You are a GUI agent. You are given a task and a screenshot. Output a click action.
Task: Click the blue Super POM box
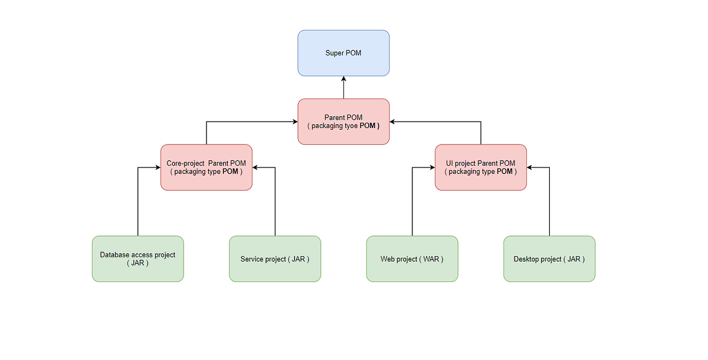(x=343, y=53)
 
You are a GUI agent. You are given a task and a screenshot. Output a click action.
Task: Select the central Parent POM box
(x=343, y=122)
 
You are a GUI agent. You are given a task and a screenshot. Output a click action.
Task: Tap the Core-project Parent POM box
(x=206, y=167)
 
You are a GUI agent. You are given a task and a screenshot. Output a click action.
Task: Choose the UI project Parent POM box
(x=480, y=167)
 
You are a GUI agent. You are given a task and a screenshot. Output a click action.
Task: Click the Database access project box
(x=137, y=259)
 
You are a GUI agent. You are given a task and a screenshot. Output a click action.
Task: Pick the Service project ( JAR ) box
(x=275, y=259)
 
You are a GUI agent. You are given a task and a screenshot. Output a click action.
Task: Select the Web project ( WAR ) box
(x=412, y=259)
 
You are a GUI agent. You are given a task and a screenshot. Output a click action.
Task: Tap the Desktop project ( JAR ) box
(x=549, y=259)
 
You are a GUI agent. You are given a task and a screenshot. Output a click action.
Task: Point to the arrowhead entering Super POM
(x=343, y=79)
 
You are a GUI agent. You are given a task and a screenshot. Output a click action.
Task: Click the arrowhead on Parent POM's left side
(x=294, y=122)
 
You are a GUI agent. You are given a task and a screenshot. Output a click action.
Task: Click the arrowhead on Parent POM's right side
(x=393, y=122)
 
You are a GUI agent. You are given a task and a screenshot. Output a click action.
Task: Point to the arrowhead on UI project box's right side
(x=530, y=168)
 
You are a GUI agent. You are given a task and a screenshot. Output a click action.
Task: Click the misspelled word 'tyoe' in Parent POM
(x=351, y=126)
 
